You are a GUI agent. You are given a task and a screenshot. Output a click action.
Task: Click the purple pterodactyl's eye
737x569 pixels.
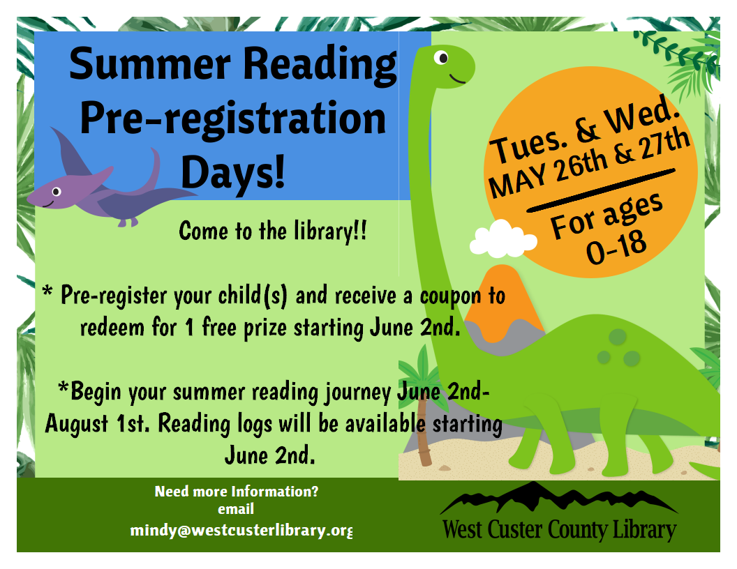pos(57,191)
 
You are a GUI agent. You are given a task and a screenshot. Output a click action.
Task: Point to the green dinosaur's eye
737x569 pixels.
pos(442,58)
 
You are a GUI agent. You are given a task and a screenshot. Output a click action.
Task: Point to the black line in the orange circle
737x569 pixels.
pos(600,189)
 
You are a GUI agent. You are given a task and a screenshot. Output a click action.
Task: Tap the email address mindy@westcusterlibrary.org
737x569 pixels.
pos(241,531)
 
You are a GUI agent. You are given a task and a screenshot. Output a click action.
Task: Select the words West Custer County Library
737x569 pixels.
pos(559,530)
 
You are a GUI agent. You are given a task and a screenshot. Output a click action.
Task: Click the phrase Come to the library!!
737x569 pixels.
pos(272,231)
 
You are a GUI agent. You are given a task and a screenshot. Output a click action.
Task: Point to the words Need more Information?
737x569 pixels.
pos(237,491)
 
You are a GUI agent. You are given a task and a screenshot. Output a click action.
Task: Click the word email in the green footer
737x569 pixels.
pos(236,510)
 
